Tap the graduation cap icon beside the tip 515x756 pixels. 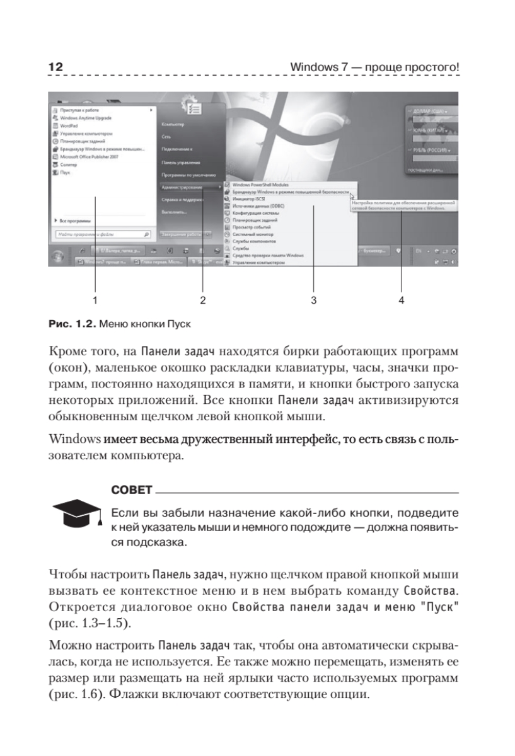point(74,515)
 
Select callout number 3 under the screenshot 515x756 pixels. point(313,301)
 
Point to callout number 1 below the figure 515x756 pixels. point(95,301)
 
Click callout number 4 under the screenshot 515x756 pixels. point(401,301)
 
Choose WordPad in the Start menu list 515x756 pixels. point(69,125)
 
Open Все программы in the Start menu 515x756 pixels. point(75,221)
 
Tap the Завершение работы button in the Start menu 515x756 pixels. point(181,234)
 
